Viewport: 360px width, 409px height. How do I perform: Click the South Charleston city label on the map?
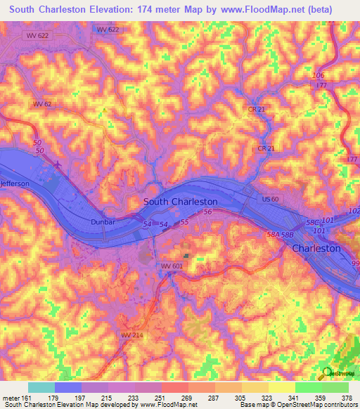180,201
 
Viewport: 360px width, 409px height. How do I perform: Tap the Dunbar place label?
102,221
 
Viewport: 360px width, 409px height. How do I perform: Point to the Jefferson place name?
15,183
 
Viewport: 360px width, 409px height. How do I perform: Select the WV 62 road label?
42,104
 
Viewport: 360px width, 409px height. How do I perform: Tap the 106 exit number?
319,76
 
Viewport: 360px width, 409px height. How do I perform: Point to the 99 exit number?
354,262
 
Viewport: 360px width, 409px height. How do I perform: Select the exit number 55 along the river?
185,222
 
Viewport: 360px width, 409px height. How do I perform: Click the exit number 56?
207,212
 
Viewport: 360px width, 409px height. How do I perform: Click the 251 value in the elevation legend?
161,398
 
